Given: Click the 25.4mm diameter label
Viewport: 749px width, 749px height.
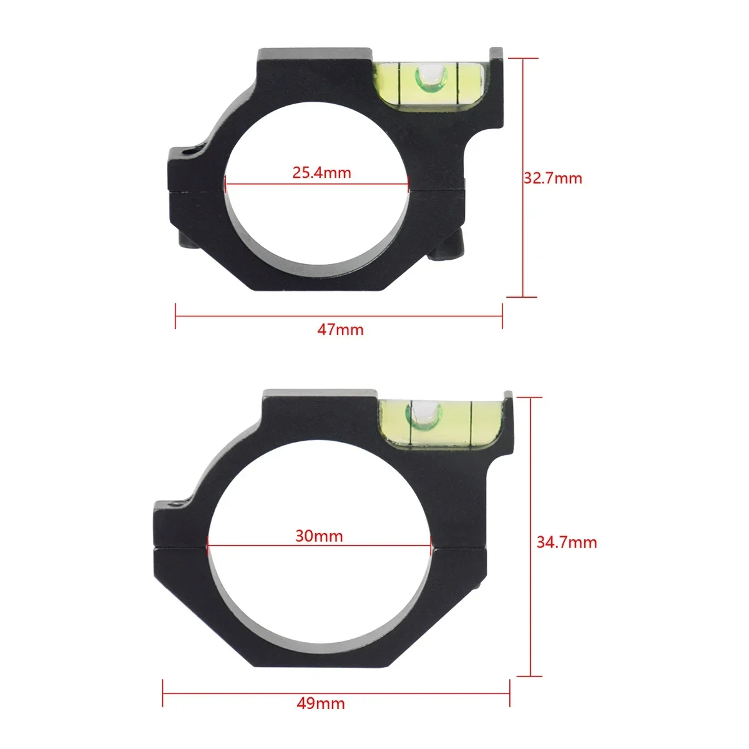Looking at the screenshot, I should (321, 172).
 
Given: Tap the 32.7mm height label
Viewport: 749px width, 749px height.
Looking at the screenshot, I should (552, 179).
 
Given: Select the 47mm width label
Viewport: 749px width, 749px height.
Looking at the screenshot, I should (340, 329).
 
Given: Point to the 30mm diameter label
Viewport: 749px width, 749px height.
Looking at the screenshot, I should (319, 536).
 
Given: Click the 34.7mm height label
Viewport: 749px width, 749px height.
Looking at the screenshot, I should (567, 542).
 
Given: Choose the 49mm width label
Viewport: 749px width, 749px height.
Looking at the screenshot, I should (321, 703).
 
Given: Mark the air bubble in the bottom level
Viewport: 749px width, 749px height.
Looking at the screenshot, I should (422, 412).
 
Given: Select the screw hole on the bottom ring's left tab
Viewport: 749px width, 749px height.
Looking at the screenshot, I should (177, 501).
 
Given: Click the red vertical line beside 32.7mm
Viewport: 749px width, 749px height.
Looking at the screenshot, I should (523, 178).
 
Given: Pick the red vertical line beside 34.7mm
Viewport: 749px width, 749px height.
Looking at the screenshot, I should (531, 537).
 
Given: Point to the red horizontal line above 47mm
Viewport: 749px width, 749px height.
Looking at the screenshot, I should (339, 315).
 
